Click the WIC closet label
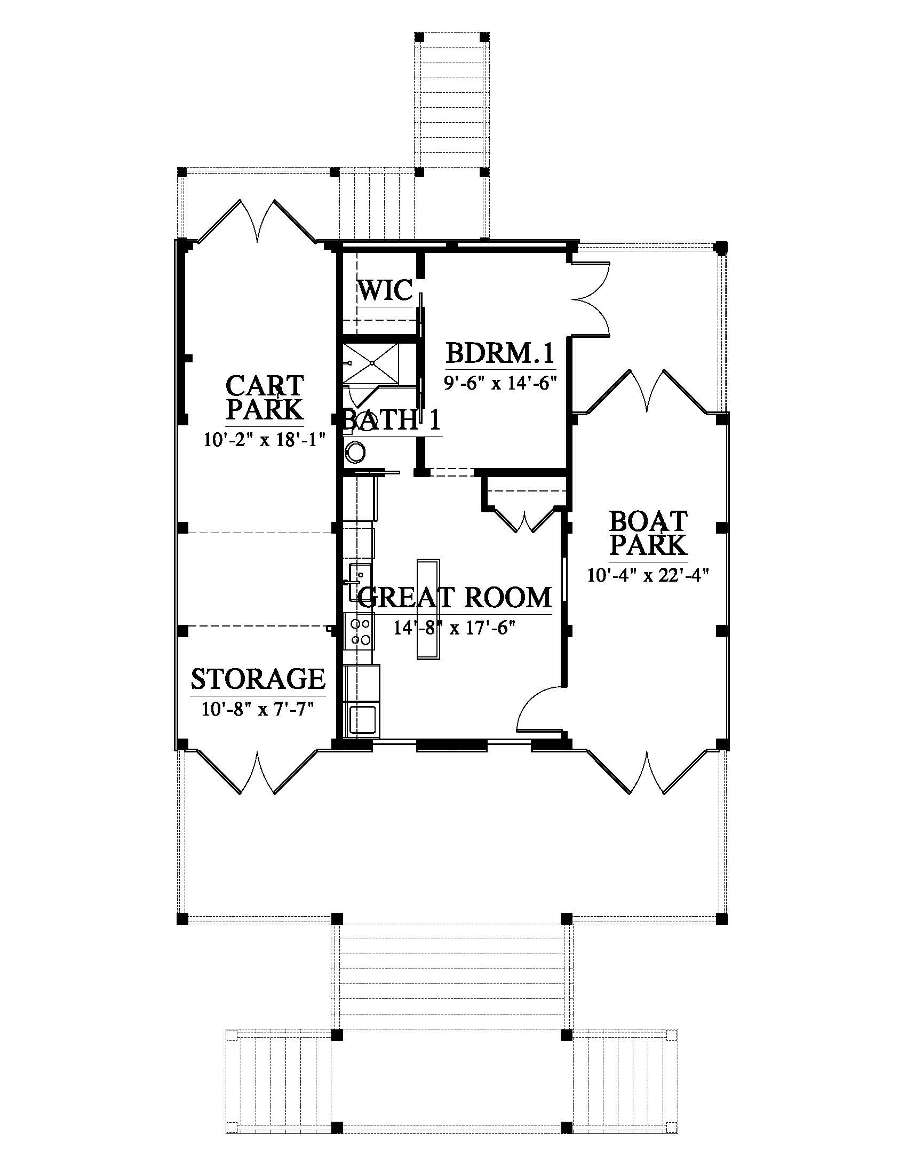click(x=385, y=290)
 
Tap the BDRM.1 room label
click(x=500, y=354)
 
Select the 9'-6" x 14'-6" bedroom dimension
click(x=500, y=383)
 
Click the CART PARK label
click(x=265, y=398)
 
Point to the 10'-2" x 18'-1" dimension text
click(x=266, y=440)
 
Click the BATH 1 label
click(x=391, y=420)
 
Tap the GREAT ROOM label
click(x=455, y=597)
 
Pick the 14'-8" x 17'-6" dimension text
click(x=455, y=627)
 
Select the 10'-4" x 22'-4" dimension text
click(x=649, y=576)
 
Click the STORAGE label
click(x=258, y=679)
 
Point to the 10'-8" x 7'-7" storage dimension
click(x=258, y=709)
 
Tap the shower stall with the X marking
click(x=372, y=364)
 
